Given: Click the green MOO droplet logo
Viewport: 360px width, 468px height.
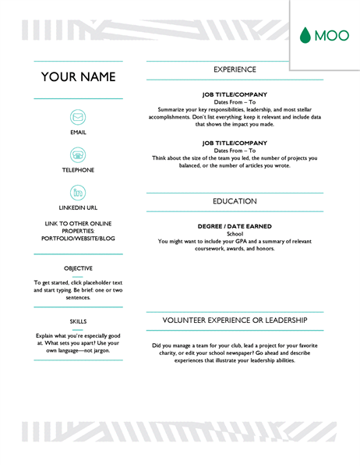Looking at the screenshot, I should tap(305, 34).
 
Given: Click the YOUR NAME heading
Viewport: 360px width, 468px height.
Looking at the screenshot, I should tap(78, 76).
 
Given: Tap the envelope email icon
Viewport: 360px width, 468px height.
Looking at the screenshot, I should tap(78, 118).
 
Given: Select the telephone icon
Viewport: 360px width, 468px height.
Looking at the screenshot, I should tap(78, 154).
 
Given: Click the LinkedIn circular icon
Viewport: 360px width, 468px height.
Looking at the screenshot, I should tap(78, 192).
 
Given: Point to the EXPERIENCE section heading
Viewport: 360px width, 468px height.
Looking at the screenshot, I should tap(235, 69).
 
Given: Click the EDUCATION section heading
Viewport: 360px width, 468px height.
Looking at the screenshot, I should tap(235, 201).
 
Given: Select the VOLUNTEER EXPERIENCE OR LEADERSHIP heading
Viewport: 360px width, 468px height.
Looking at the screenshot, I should tap(235, 321).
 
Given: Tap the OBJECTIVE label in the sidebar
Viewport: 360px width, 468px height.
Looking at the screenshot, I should tap(78, 268).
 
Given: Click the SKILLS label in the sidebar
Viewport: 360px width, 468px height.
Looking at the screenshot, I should tap(78, 321).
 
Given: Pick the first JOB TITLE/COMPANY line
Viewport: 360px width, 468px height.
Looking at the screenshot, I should tap(235, 94).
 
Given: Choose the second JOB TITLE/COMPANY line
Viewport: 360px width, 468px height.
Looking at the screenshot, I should tap(235, 143).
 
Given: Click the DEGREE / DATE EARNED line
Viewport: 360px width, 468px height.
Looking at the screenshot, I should tap(235, 226).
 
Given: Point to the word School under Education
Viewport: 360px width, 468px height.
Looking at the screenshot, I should tap(235, 234).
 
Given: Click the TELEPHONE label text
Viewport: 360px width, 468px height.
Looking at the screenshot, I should tap(78, 170).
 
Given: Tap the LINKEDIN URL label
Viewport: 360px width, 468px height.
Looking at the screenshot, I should tap(78, 208).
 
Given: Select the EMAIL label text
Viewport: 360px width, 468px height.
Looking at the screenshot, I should tap(78, 133).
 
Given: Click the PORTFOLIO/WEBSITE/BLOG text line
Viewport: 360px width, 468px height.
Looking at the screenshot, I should tap(78, 239).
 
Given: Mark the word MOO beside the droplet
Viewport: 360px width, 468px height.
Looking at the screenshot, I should tap(331, 35).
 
